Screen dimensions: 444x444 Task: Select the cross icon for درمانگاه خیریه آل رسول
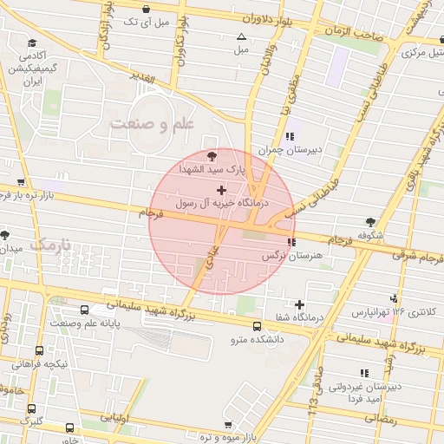[x=221, y=189]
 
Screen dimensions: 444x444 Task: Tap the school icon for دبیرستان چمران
[x=290, y=136]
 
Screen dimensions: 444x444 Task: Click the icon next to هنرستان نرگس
[x=292, y=242]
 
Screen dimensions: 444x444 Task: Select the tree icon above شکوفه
[x=372, y=222]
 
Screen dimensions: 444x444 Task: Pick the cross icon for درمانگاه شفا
[x=299, y=304]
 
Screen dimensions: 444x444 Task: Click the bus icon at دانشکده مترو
[x=256, y=326]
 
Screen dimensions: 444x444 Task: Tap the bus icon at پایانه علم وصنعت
[x=84, y=310]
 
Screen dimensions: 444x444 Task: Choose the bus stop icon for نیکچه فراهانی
[x=39, y=350]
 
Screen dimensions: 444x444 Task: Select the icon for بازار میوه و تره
[x=227, y=425]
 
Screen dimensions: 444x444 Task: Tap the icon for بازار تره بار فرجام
[x=21, y=183]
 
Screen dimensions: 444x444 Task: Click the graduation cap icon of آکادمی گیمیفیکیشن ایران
[x=32, y=42]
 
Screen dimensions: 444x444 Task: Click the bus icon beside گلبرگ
[x=32, y=408]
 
